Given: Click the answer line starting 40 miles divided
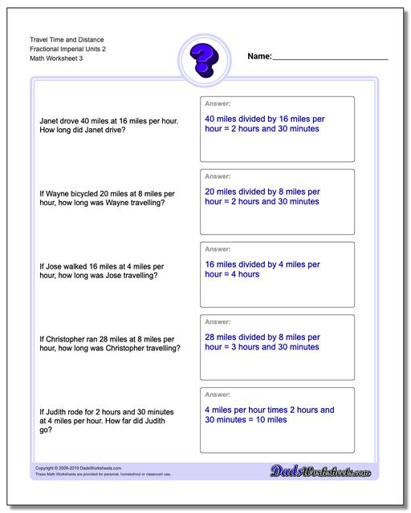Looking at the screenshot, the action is (264, 118).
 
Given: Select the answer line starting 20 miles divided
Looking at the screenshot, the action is (262, 192).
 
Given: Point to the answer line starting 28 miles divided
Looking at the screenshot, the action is (262, 337).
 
